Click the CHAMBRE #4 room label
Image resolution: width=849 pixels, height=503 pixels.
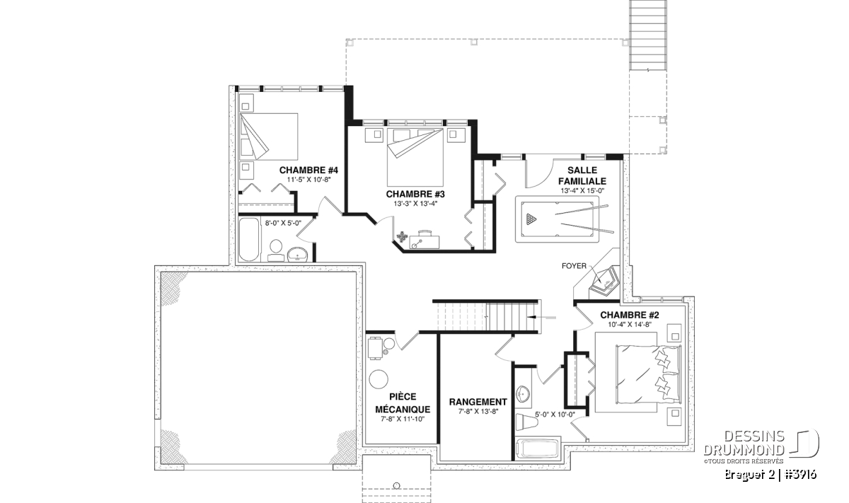pyautogui.click(x=308, y=170)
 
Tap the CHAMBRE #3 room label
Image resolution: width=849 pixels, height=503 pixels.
pyautogui.click(x=415, y=194)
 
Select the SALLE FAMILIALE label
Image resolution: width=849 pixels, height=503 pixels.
pyautogui.click(x=582, y=176)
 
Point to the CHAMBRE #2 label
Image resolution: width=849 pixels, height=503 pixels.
pyautogui.click(x=630, y=315)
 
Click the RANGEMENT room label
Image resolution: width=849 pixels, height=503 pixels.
pyautogui.click(x=478, y=402)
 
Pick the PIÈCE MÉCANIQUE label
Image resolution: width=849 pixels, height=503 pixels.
pyautogui.click(x=403, y=403)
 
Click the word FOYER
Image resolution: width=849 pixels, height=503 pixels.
pyautogui.click(x=574, y=266)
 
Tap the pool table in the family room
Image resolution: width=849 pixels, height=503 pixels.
pyautogui.click(x=558, y=219)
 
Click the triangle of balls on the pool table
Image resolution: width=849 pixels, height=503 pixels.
pyautogui.click(x=531, y=219)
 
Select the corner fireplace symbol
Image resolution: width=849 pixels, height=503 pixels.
pyautogui.click(x=603, y=280)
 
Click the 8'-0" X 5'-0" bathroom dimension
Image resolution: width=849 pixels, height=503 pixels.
pyautogui.click(x=283, y=224)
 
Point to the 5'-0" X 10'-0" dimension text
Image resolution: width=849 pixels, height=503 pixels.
pyautogui.click(x=555, y=415)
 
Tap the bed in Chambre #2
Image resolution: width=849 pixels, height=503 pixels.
pyautogui.click(x=648, y=374)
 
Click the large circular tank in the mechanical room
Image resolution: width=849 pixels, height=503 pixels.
pyautogui.click(x=379, y=379)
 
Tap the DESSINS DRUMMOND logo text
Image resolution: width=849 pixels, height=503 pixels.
pyautogui.click(x=744, y=444)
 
